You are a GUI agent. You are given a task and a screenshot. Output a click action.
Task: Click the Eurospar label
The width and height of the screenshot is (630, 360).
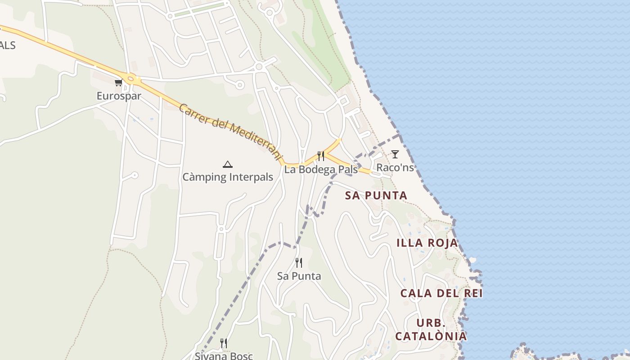pos(119,96)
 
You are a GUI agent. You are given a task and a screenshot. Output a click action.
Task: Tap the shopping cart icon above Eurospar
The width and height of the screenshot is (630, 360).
pos(118,82)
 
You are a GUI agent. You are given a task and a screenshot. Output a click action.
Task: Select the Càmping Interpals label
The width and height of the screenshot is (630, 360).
pos(228,177)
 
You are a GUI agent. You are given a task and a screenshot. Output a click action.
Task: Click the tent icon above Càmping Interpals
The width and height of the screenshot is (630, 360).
pos(228,164)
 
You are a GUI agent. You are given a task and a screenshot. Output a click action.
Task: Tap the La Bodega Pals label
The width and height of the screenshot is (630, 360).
pos(321,170)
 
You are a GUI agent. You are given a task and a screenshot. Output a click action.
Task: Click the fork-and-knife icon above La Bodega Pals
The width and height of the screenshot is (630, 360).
pos(321,156)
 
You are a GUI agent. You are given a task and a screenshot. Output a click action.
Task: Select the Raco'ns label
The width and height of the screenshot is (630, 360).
pos(395,167)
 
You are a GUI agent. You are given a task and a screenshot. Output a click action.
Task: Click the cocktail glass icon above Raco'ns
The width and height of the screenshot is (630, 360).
pos(395,154)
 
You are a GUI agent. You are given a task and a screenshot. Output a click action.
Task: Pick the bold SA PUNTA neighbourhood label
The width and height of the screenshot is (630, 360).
pos(376,195)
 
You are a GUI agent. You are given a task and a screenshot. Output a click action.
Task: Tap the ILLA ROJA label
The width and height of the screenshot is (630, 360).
pos(427,243)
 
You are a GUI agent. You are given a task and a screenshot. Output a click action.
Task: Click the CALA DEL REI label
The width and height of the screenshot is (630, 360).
pos(441,293)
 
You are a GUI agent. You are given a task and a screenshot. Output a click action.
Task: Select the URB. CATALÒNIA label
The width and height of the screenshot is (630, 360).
pos(431,329)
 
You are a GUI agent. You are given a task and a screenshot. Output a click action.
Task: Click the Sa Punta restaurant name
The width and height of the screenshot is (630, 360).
pos(299,276)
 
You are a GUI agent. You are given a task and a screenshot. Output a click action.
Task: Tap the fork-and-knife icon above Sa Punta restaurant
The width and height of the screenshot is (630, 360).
pos(299,262)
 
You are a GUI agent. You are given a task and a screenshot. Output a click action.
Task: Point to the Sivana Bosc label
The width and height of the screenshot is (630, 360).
pos(224,355)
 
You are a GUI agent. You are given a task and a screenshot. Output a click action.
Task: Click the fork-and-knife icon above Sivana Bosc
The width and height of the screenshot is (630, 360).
pos(224,343)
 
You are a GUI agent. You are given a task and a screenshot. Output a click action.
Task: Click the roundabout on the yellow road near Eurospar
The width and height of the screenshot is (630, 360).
pos(131,79)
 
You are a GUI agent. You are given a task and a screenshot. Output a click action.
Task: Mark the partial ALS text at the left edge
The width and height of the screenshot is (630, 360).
pos(8,45)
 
